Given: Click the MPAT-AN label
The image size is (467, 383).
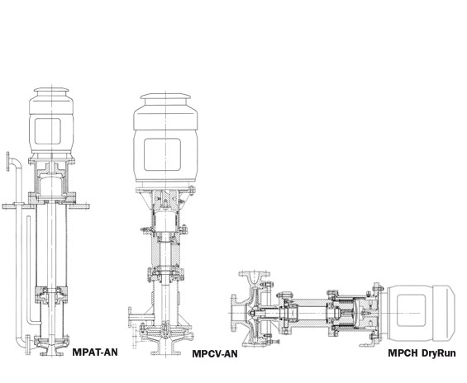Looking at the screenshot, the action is (x=95, y=352).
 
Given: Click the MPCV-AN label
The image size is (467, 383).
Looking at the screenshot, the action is (x=215, y=354).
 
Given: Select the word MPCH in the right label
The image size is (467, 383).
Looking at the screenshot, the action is (x=403, y=353).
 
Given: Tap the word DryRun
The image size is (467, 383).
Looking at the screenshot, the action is (x=439, y=353).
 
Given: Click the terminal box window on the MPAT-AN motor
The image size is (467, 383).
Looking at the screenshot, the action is (x=48, y=131).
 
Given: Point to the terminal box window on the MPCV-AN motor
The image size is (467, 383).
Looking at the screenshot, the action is (x=162, y=154).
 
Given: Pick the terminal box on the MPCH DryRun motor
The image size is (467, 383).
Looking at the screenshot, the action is (x=411, y=310).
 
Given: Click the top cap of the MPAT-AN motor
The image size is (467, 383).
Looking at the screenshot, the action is (x=51, y=89).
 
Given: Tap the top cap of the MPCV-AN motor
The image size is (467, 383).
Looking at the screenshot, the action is (x=165, y=96).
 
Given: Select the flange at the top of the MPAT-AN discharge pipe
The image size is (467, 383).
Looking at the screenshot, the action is (x=8, y=162).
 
